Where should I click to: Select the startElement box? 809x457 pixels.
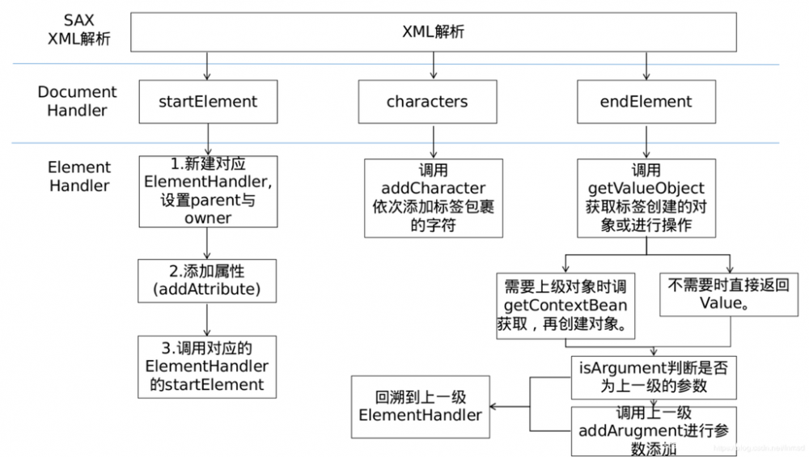click(x=208, y=101)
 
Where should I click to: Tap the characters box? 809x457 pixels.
click(x=426, y=101)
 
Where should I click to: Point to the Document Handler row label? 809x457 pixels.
click(x=77, y=101)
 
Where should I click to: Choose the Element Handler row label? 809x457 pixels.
click(x=79, y=176)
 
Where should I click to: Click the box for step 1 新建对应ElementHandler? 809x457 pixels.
click(x=208, y=191)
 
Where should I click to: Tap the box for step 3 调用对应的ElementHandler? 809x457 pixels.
click(x=208, y=366)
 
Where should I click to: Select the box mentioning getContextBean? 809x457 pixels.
click(x=565, y=306)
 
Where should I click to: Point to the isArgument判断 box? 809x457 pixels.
click(x=654, y=377)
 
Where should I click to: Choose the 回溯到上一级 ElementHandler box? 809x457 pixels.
click(x=421, y=407)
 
